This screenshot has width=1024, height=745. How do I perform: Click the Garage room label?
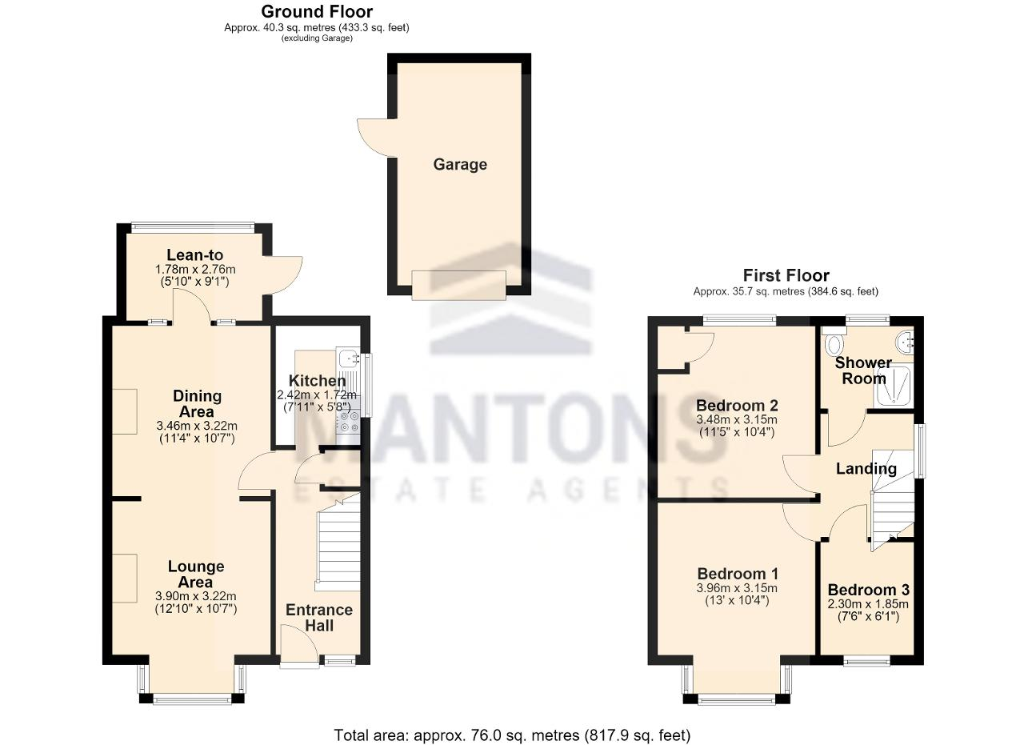[x=460, y=165]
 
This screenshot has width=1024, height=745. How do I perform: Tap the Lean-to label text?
[x=194, y=254]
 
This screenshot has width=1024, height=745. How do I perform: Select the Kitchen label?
[x=318, y=381]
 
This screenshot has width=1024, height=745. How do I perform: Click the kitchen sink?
[x=348, y=357]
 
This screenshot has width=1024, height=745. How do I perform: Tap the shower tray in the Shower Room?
[x=894, y=387]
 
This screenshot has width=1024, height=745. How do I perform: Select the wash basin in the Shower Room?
[x=905, y=343]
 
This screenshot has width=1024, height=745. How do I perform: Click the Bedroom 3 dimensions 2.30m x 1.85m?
[x=868, y=604]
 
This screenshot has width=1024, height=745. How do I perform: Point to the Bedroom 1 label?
[x=738, y=574]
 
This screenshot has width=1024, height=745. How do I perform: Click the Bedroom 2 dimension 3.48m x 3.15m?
[x=737, y=419]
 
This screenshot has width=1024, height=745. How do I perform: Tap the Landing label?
[x=866, y=469]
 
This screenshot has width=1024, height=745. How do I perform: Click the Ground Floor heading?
[x=317, y=11]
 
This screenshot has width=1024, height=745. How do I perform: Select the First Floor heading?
[x=786, y=275]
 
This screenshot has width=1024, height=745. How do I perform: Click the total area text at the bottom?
[x=512, y=735]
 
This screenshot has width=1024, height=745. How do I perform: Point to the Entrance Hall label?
[x=319, y=618]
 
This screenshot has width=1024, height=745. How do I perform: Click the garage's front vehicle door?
[x=458, y=286]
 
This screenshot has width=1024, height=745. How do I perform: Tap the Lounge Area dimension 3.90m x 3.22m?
[x=196, y=596]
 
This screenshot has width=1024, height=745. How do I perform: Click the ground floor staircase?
[x=338, y=543]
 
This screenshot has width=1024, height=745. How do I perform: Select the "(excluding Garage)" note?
[x=317, y=38]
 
